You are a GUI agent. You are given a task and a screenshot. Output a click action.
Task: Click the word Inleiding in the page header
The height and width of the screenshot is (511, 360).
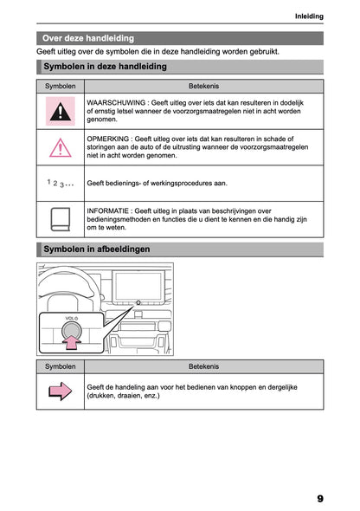pyautogui.click(x=309, y=16)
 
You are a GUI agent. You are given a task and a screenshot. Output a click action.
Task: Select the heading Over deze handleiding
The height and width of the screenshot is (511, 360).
pyautogui.click(x=88, y=38)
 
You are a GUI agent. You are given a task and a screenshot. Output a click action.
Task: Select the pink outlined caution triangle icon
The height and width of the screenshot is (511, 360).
pyautogui.click(x=60, y=148)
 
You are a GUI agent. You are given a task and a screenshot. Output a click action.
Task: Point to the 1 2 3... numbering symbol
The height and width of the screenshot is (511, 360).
pyautogui.click(x=60, y=184)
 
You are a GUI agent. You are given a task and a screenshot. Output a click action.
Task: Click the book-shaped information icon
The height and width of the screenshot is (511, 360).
pyautogui.click(x=60, y=219)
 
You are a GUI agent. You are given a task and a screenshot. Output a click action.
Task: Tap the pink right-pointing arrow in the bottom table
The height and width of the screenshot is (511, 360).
pyautogui.click(x=60, y=391)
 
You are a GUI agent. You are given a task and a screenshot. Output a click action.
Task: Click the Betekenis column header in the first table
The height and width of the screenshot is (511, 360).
pyautogui.click(x=203, y=87)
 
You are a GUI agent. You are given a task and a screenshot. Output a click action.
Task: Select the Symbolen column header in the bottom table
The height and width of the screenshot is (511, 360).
pyautogui.click(x=60, y=367)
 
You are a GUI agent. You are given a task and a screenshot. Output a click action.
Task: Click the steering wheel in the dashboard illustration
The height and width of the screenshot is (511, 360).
pyautogui.click(x=65, y=286)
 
